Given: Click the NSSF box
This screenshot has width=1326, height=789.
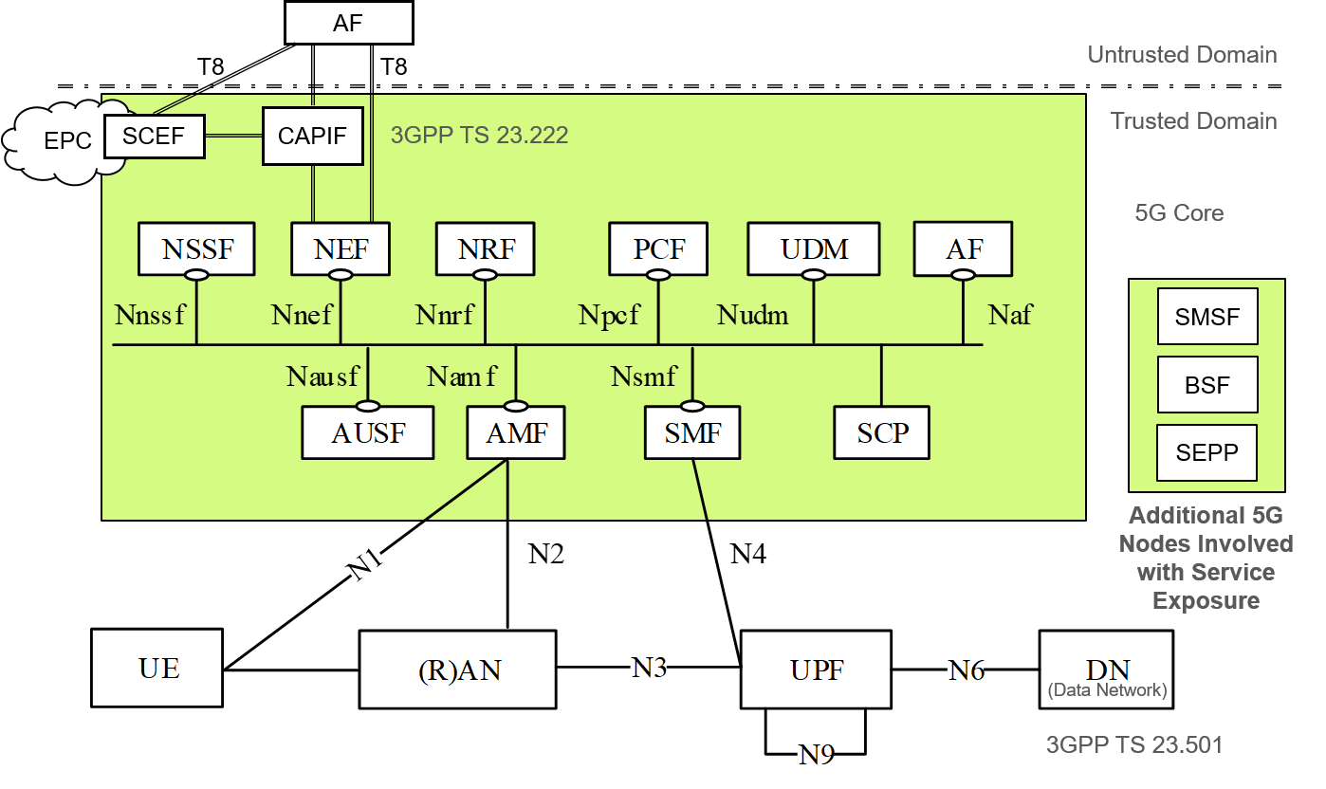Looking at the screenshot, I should [196, 249].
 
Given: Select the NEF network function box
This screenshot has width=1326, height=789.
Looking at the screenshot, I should [341, 249].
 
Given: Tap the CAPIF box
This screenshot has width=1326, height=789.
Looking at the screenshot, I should [312, 136].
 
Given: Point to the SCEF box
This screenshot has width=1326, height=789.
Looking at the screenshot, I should [153, 136].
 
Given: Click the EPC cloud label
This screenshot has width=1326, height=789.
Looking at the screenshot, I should [68, 141].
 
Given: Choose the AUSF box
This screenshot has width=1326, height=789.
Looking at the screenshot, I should [368, 433].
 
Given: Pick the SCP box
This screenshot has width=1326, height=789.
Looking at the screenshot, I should [882, 432].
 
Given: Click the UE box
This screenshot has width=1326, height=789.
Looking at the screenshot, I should [157, 669].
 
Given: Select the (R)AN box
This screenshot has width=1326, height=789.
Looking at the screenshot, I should [458, 670].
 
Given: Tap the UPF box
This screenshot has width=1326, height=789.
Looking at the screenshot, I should [816, 670].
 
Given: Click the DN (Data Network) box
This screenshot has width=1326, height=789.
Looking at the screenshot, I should [1106, 670].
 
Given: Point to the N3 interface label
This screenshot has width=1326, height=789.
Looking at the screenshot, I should [648, 668].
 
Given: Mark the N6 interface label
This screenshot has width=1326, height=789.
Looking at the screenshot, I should [965, 670].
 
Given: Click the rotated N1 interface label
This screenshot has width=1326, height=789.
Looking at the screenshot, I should [366, 565].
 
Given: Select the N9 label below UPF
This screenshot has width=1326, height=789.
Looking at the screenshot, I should [815, 755].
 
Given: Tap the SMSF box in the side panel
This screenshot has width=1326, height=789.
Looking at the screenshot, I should [1206, 317].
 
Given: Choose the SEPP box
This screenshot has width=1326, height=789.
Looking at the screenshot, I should [1206, 453].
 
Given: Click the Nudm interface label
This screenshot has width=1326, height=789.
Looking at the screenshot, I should [752, 315].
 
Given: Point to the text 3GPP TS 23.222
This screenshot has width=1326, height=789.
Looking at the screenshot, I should [479, 136].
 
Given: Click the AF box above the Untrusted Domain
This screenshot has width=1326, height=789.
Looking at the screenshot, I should [348, 23].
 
